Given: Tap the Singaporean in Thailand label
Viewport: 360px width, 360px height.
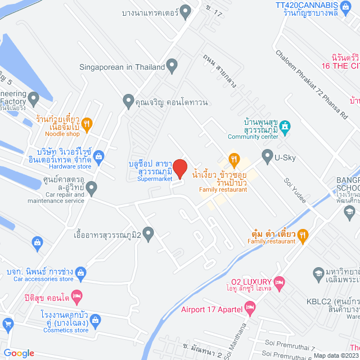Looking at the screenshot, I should point(121,67).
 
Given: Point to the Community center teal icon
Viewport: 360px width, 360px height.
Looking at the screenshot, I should point(286,128).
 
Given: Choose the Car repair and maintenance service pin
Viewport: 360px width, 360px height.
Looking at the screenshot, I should point(92,186).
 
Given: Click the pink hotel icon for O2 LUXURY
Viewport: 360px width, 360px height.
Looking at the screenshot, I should point(280,281).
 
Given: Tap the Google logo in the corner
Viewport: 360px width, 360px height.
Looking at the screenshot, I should point(19,353).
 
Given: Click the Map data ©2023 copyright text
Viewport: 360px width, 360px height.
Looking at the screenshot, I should point(336,355).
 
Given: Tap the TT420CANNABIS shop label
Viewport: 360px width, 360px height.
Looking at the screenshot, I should point(307,4).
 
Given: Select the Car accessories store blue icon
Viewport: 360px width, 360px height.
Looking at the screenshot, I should point(82,274).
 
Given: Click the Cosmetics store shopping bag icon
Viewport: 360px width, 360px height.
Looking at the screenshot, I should point(96,322).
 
